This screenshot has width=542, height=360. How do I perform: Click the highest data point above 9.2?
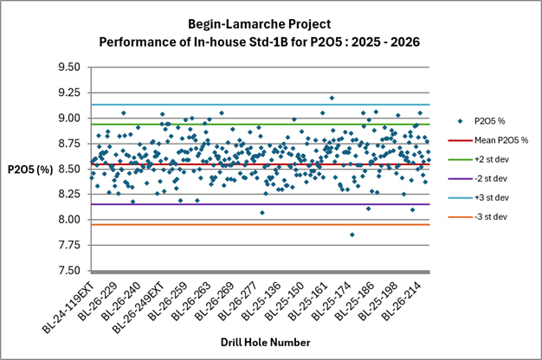(332, 98)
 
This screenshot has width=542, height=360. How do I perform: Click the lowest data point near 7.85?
(352, 235)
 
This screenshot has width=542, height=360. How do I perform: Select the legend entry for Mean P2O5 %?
(488, 140)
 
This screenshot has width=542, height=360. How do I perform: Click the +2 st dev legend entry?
(479, 159)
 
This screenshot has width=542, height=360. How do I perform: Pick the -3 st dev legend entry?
(478, 217)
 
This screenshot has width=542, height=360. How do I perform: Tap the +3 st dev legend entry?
(479, 197)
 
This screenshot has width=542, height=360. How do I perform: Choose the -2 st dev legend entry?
(478, 178)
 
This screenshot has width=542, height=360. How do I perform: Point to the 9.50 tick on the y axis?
(68, 67)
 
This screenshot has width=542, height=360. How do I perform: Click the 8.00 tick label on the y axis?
(68, 220)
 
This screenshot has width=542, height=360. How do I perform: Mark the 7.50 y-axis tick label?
(68, 271)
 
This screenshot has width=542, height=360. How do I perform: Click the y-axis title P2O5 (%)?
(30, 170)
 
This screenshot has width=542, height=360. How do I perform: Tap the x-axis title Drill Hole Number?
(266, 343)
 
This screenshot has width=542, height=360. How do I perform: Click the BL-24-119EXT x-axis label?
(68, 307)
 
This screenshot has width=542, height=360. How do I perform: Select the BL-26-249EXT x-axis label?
(139, 307)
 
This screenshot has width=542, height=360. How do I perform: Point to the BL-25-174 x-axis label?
(331, 301)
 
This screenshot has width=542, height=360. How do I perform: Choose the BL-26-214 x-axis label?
(402, 301)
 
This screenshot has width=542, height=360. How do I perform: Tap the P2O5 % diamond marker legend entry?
(481, 121)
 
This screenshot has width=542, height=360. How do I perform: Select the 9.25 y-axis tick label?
(68, 93)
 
